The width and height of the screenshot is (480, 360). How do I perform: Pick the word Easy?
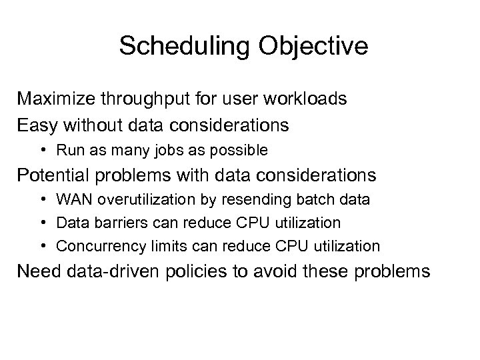tap(37, 124)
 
